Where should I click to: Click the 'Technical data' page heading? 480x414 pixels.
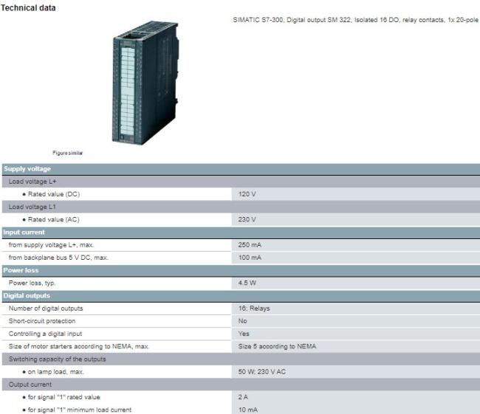[x=28, y=7]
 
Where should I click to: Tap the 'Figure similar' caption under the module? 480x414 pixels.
[x=67, y=153]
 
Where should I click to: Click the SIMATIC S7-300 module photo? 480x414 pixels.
[x=145, y=83]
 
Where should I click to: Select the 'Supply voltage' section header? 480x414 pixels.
[x=27, y=169]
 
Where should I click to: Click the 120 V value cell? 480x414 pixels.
[x=247, y=194]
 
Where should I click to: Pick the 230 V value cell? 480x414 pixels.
[x=247, y=219]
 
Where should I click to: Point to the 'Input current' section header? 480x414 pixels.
[x=24, y=232]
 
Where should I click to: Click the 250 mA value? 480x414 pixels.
[x=250, y=245]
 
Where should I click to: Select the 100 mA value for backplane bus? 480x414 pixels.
[x=250, y=258]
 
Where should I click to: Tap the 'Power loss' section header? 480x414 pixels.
[x=21, y=270]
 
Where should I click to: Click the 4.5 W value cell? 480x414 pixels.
[x=247, y=283]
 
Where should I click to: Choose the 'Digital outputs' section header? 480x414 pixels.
[x=27, y=296]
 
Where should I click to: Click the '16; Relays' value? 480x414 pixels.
[x=254, y=308]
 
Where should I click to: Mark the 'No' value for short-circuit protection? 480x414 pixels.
[x=242, y=321]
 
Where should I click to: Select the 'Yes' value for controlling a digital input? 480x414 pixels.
[x=244, y=334]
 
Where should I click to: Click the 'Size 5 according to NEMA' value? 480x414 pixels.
[x=277, y=346]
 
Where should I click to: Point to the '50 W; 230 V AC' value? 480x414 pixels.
[x=261, y=371]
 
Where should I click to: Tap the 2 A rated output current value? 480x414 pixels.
[x=243, y=397]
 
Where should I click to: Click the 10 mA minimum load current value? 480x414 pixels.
[x=248, y=410]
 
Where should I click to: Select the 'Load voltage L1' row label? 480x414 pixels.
[x=32, y=207]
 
